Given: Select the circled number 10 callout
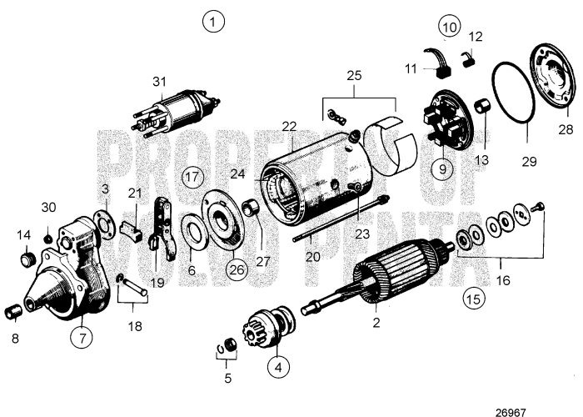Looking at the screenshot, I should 450,27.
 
